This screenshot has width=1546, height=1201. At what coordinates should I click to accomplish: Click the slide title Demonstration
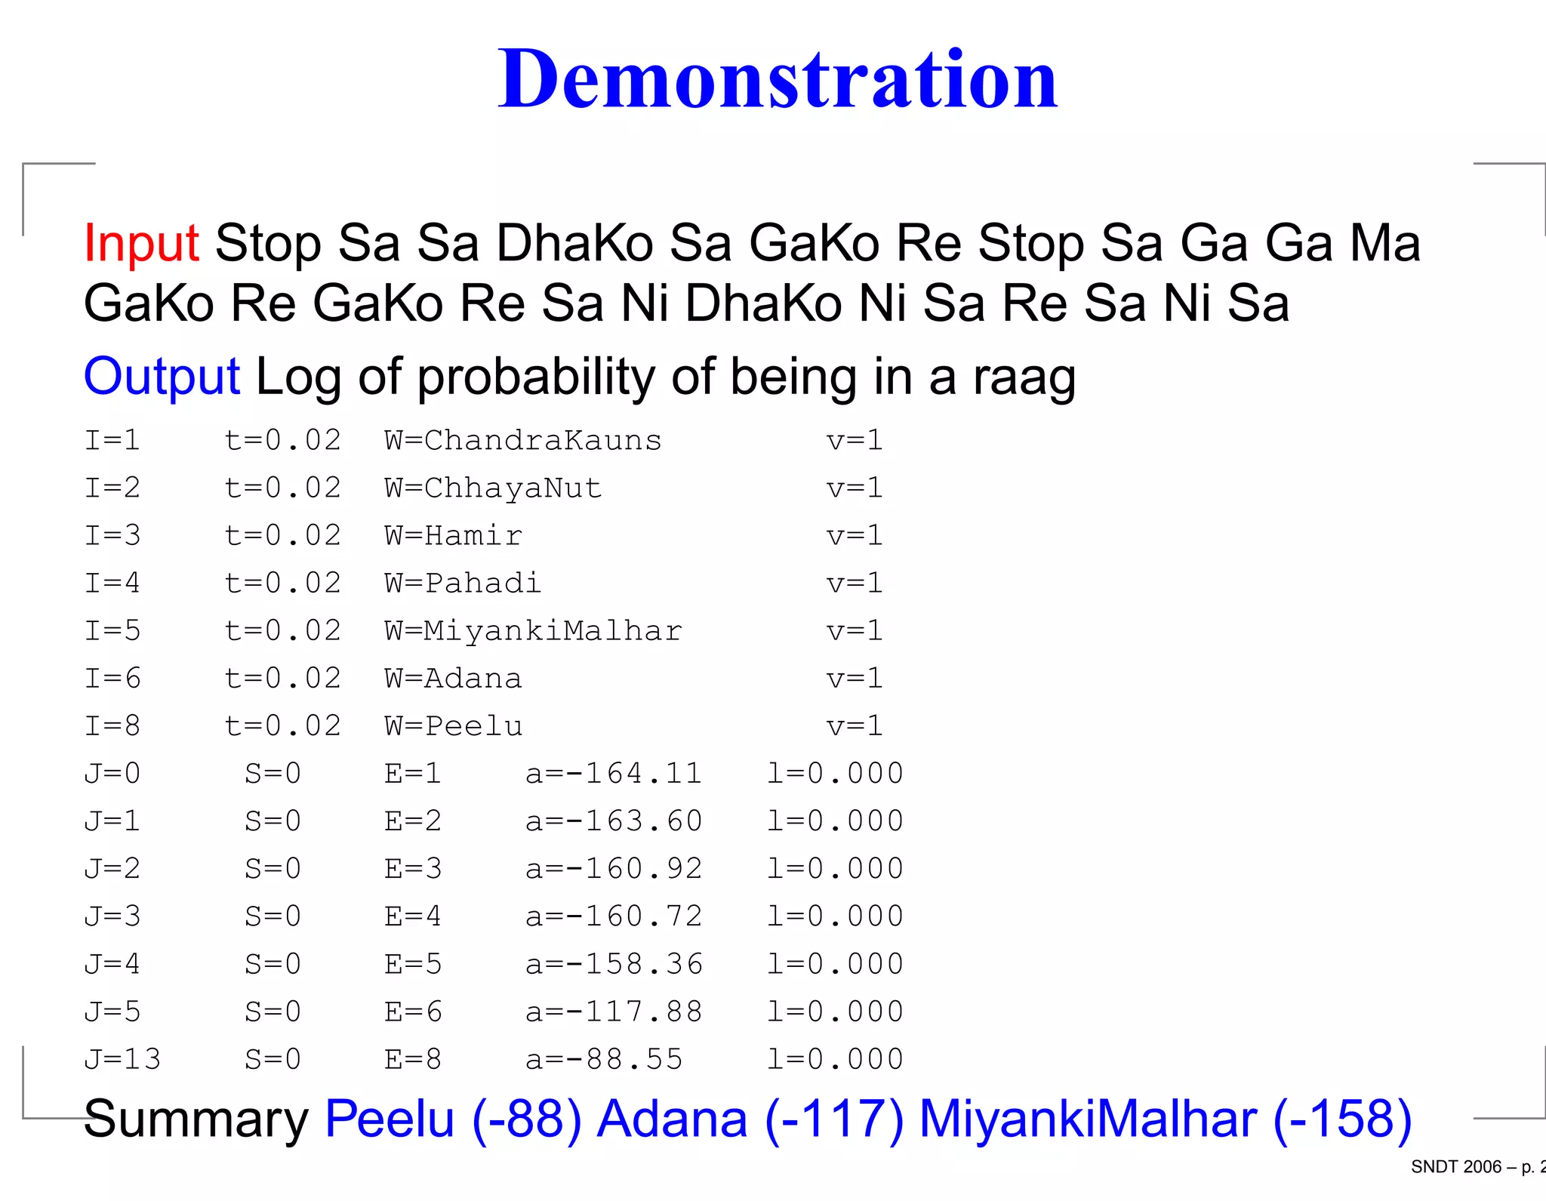click(778, 79)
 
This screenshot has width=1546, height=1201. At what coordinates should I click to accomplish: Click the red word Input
click(141, 243)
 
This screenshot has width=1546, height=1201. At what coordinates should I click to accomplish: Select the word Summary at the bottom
click(196, 1118)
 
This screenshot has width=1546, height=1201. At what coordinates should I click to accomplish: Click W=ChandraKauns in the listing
click(522, 441)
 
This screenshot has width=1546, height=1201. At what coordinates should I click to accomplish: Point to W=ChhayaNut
click(493, 488)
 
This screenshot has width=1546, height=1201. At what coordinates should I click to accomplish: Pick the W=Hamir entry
click(453, 536)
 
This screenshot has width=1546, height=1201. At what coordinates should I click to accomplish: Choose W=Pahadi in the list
click(463, 584)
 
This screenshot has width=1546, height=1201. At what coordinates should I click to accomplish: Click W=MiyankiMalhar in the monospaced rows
click(533, 631)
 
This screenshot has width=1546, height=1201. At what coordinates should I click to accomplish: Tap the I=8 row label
click(112, 726)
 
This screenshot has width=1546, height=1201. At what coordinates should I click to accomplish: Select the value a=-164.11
click(614, 774)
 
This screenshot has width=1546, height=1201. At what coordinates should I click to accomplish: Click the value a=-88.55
click(604, 1059)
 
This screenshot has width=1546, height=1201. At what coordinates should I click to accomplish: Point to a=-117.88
click(614, 1012)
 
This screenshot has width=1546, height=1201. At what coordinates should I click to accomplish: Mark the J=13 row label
click(122, 1059)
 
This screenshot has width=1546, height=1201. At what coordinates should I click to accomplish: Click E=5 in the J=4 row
click(413, 964)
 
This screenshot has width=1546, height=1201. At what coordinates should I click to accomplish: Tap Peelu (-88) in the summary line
click(453, 1118)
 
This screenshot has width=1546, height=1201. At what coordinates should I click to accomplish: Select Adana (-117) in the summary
click(750, 1118)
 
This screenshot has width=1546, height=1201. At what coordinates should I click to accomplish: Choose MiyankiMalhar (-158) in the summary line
click(1165, 1118)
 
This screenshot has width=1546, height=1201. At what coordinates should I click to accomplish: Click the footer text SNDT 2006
click(1455, 1167)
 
